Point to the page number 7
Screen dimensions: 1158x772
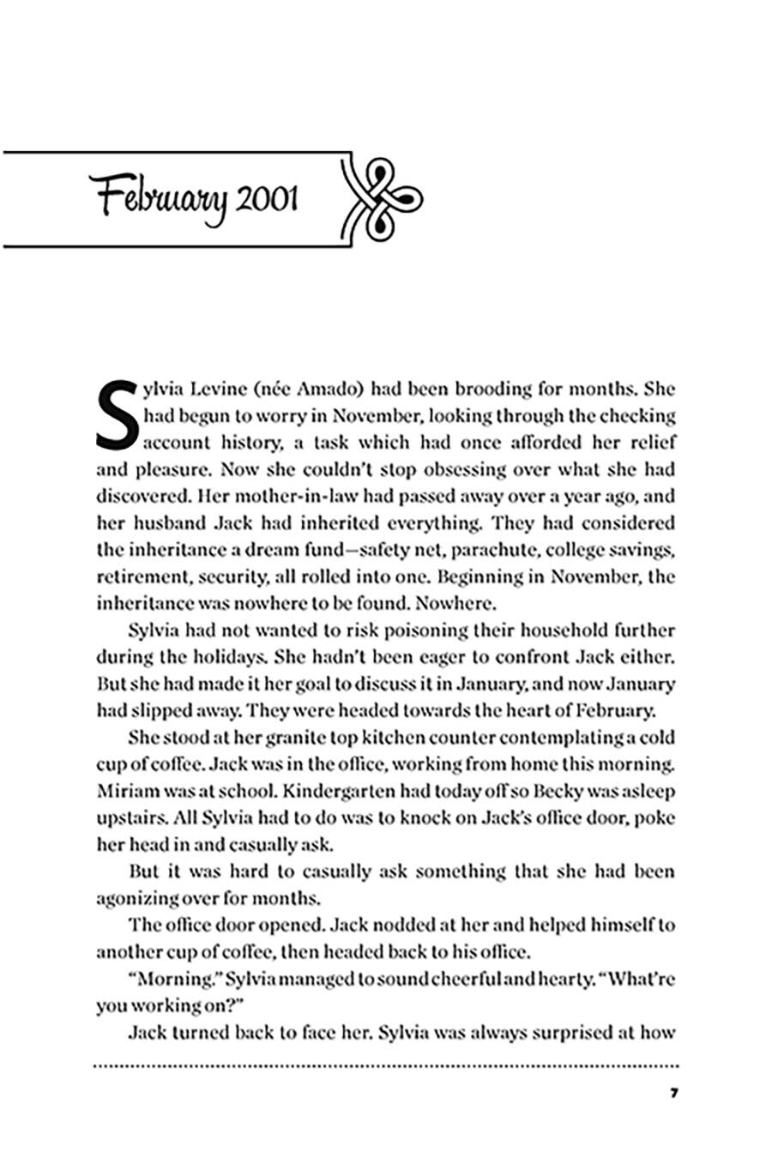[674, 1093]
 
